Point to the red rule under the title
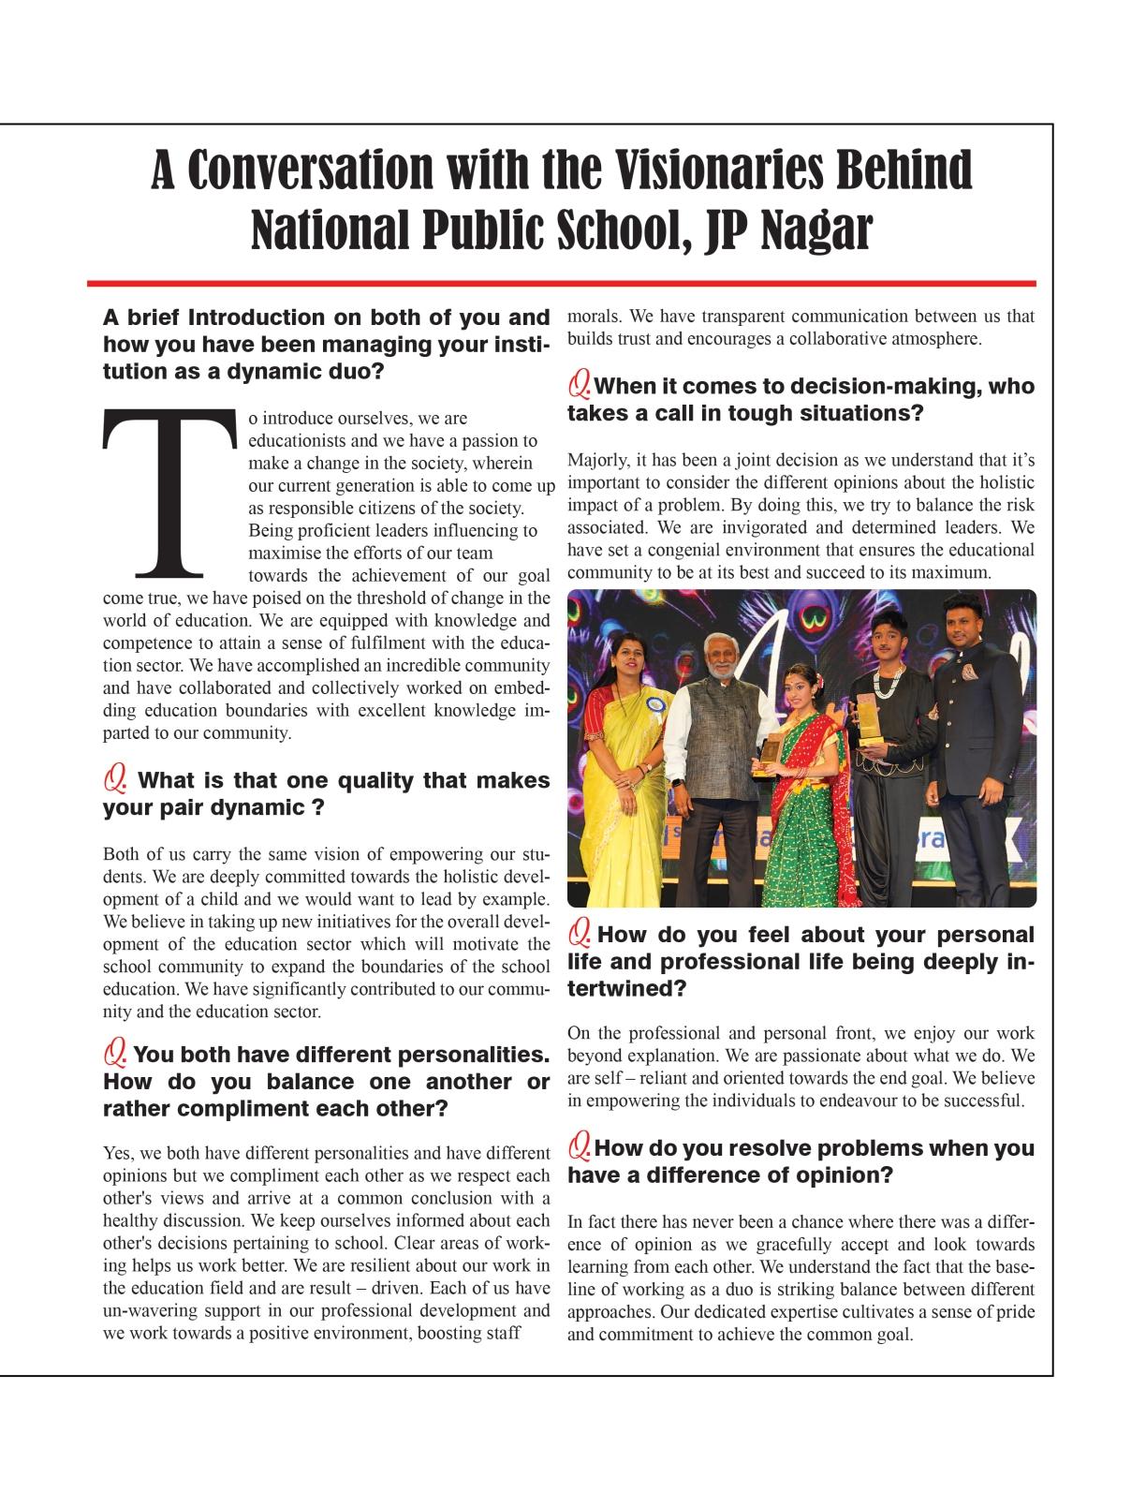coord(562,283)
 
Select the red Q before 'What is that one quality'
coord(115,778)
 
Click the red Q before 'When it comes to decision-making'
coord(580,383)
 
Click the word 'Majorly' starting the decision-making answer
coord(595,460)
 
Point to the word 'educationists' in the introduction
coord(293,440)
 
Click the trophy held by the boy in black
coord(872,719)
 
